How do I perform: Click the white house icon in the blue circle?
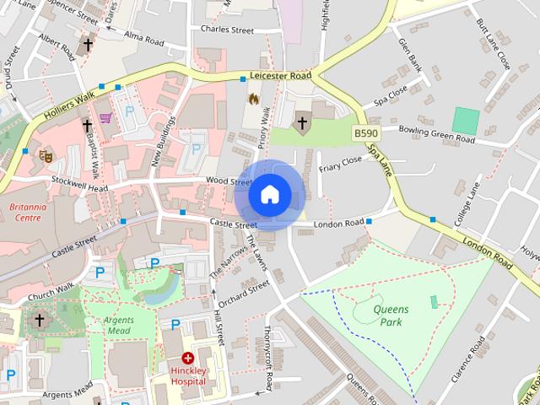point(269,195)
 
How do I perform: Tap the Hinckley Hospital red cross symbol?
point(187,359)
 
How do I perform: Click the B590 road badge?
point(366,134)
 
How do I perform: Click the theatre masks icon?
point(46,154)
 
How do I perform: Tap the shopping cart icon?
point(105,119)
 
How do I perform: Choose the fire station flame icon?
point(251,99)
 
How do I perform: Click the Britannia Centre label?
point(28,211)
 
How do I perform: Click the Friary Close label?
point(340,159)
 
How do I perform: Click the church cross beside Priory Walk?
point(301,123)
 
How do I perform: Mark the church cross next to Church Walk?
point(39,321)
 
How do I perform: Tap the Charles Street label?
point(227,30)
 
